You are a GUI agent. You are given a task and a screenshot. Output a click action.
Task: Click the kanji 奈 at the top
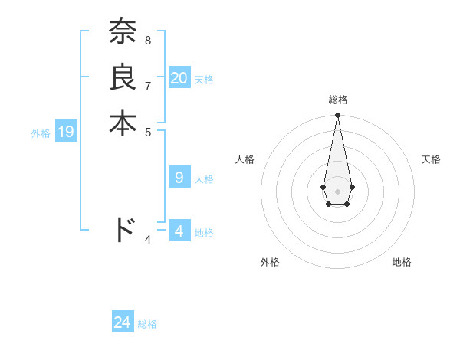coord(123,33)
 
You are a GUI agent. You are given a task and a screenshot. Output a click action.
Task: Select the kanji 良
coord(123,77)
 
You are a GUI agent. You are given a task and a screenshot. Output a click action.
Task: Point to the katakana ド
coord(123,230)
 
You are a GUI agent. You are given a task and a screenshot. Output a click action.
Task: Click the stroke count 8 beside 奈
coord(148,40)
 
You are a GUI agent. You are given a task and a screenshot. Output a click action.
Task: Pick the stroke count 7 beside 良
coord(148,85)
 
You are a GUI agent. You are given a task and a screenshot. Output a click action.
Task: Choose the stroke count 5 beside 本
coord(148,130)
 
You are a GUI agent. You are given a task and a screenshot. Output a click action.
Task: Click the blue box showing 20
coord(179,78)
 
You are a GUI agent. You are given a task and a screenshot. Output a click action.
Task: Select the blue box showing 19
coord(66,133)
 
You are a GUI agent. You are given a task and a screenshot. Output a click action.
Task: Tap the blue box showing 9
coord(179,178)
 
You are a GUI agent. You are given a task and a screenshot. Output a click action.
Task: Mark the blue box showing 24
coord(123,322)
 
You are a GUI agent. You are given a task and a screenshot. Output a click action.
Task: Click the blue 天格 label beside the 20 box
coord(204,80)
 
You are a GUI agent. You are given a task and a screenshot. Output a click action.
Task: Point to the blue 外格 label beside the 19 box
coord(41,133)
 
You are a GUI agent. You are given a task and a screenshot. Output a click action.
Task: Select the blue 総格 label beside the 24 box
coord(147,324)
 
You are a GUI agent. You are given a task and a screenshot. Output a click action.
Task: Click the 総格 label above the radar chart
coord(338,100)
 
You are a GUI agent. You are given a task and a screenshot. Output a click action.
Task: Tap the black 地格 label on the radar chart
coord(402,262)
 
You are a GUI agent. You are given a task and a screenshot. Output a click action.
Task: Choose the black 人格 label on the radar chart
coord(245,159)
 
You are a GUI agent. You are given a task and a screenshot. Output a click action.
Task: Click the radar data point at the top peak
coord(338,116)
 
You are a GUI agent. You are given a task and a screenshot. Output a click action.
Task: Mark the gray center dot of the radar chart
coord(338,191)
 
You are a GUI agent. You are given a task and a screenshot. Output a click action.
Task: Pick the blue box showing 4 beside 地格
coord(179,231)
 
